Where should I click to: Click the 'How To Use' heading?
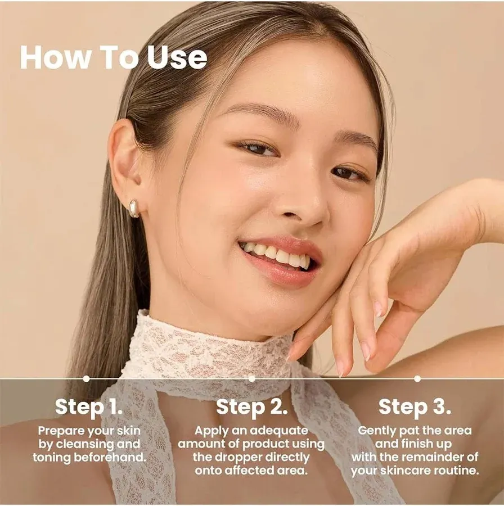114,57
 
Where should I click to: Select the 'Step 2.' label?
251,406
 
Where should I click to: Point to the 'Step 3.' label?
415,406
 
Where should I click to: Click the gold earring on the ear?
134,209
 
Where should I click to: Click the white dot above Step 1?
86,378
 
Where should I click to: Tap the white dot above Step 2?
251,378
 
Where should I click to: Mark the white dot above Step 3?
417,378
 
